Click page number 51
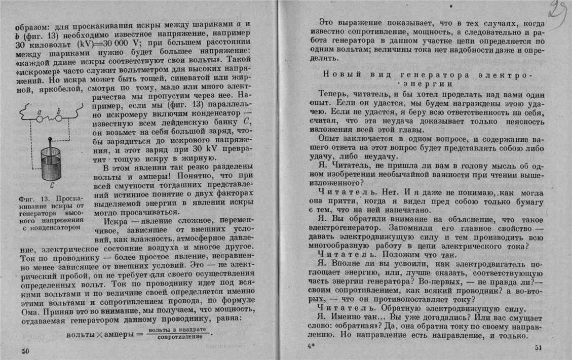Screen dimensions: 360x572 [538, 347]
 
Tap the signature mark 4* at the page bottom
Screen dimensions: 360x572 [311, 347]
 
